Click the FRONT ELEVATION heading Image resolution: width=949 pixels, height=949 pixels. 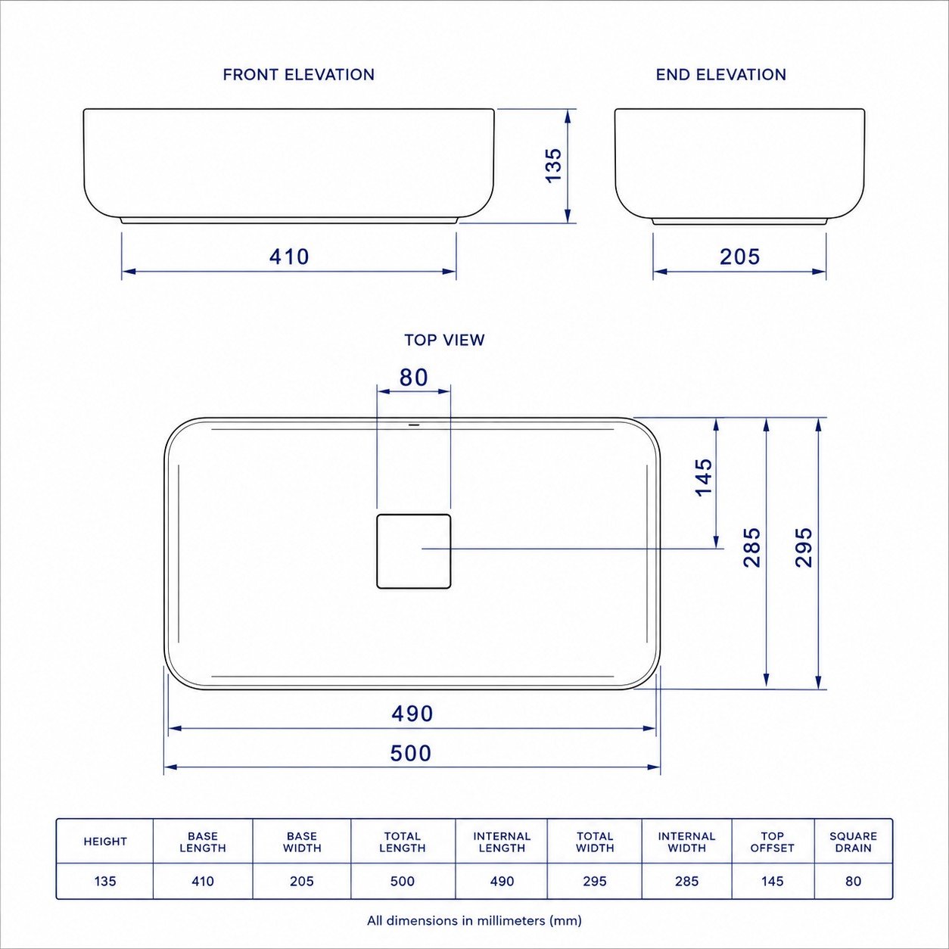[x=298, y=75]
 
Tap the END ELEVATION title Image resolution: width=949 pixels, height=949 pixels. [x=721, y=75]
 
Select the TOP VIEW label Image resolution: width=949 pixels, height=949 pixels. [x=445, y=340]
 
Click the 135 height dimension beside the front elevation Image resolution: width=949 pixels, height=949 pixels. [x=554, y=166]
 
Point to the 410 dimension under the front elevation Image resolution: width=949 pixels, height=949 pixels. [x=289, y=257]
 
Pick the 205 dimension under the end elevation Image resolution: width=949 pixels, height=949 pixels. [x=739, y=257]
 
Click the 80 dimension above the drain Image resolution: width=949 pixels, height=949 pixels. [x=414, y=378]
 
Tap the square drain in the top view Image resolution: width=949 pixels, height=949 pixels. [x=414, y=551]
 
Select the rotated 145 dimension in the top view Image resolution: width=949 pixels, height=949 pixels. [x=704, y=478]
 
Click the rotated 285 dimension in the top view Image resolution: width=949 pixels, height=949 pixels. [x=752, y=548]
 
